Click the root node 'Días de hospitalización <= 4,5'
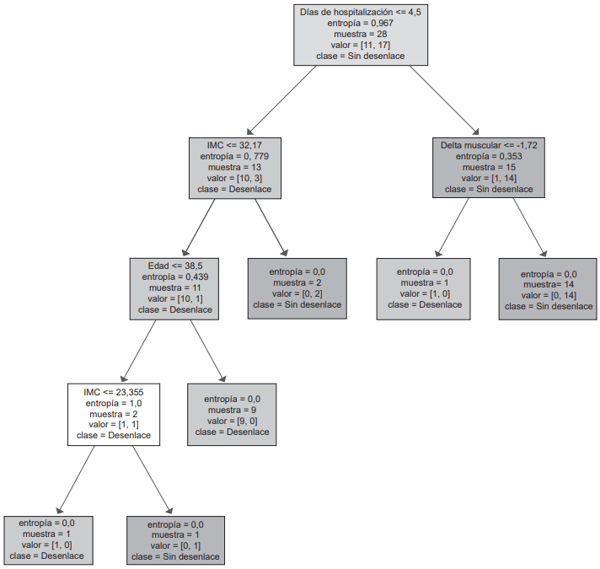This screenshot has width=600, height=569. click(x=360, y=34)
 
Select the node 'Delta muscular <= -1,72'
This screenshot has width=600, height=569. click(x=489, y=167)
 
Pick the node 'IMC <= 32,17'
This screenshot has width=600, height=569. click(x=235, y=167)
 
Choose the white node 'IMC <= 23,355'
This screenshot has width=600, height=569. click(x=114, y=414)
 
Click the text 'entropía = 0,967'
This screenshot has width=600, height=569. click(x=360, y=24)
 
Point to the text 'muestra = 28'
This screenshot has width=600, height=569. click(x=360, y=35)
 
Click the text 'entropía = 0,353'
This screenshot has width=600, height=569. click(x=489, y=157)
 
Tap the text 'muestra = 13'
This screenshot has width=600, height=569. click(x=235, y=168)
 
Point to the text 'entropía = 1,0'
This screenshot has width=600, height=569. click(x=114, y=404)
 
